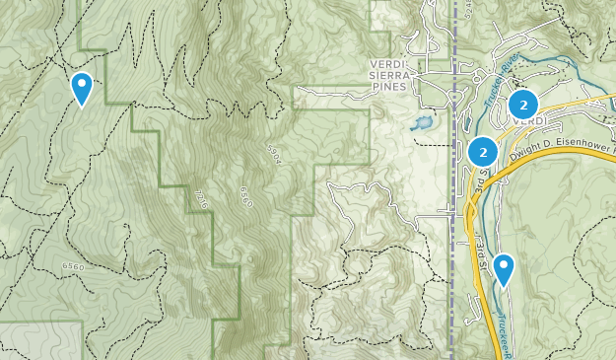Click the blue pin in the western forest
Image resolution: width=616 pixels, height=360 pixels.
(82, 88)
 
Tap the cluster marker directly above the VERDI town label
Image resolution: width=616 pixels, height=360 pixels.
(523, 103)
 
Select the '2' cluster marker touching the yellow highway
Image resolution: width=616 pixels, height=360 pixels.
(482, 151)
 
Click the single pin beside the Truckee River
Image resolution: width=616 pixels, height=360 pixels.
(504, 268)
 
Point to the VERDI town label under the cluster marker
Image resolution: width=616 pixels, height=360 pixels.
(530, 122)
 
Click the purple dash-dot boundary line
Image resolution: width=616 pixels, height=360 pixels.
(452, 247)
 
